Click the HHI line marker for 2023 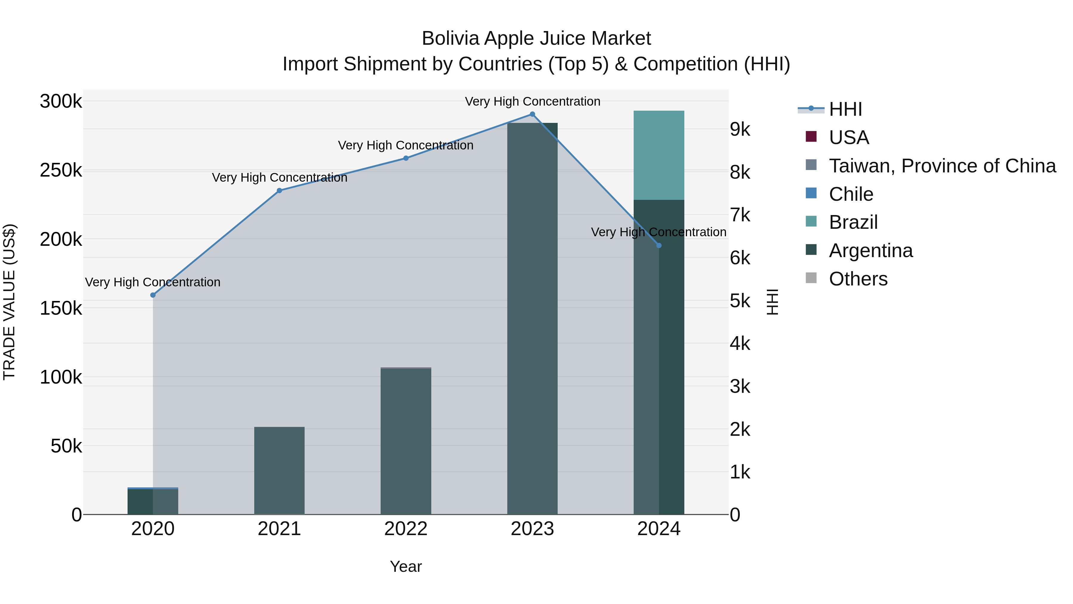(532, 114)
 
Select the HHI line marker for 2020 (153, 295)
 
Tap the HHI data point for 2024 (658, 245)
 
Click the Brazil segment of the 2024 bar (658, 155)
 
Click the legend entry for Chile (851, 194)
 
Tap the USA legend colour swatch (811, 137)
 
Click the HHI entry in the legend (845, 109)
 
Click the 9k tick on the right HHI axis (740, 130)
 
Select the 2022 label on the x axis (406, 529)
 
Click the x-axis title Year (406, 566)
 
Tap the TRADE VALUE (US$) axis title (9, 302)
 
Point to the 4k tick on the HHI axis (740, 344)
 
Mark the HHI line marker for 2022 (406, 158)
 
